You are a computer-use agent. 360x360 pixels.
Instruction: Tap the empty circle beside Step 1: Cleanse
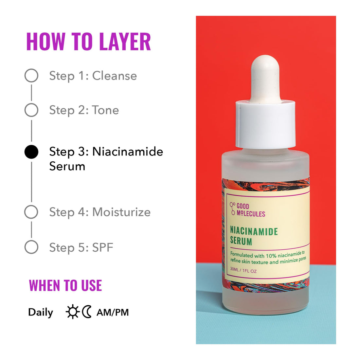(31, 76)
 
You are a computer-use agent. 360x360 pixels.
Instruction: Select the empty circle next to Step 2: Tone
(31, 110)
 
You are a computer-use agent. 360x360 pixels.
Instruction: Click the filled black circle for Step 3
(31, 152)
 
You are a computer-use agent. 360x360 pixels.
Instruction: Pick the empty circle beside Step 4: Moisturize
(31, 212)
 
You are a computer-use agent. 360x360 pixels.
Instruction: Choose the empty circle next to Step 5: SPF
(31, 247)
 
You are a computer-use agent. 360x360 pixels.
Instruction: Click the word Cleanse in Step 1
(115, 76)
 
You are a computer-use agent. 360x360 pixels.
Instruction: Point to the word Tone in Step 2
(105, 110)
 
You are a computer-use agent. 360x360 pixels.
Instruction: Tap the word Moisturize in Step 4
(121, 212)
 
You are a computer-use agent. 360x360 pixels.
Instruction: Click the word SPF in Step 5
(103, 247)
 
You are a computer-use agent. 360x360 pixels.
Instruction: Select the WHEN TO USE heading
(65, 285)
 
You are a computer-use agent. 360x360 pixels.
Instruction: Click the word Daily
(41, 313)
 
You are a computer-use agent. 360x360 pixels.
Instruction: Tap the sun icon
(72, 312)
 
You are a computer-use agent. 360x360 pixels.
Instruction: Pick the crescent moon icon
(87, 312)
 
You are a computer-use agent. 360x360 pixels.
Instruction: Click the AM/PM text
(113, 313)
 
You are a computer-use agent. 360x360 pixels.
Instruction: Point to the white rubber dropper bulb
(265, 77)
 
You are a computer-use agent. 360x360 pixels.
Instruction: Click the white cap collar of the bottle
(265, 124)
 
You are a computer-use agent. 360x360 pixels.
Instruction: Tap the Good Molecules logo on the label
(247, 210)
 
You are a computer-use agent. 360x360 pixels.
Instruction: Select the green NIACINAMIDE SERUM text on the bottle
(254, 236)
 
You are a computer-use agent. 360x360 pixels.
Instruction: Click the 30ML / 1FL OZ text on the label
(243, 271)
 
